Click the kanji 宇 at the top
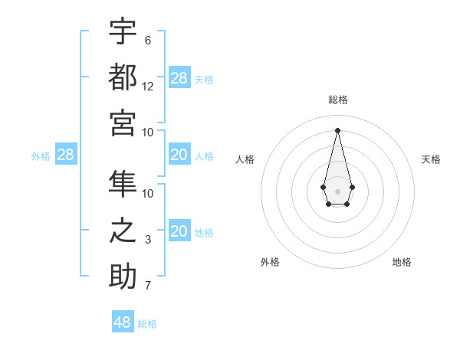pyautogui.click(x=123, y=31)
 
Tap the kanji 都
pyautogui.click(x=123, y=77)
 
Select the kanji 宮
pyautogui.click(x=123, y=123)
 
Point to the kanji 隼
pyautogui.click(x=123, y=185)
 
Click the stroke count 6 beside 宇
pyautogui.click(x=148, y=40)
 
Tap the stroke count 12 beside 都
pyautogui.click(x=148, y=86)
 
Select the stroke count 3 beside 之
pyautogui.click(x=148, y=240)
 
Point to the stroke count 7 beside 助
pyautogui.click(x=148, y=286)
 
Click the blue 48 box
pyautogui.click(x=123, y=322)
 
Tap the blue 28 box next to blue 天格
pyautogui.click(x=179, y=77)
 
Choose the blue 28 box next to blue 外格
pyautogui.click(x=65, y=155)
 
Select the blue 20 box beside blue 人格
pyautogui.click(x=179, y=155)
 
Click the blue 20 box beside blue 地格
pyautogui.click(x=179, y=231)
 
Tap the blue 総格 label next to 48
pyautogui.click(x=147, y=324)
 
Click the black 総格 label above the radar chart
pyautogui.click(x=337, y=100)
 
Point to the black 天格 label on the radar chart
pyautogui.click(x=431, y=159)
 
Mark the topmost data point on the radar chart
pyautogui.click(x=337, y=129)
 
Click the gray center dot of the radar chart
pyautogui.click(x=337, y=190)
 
